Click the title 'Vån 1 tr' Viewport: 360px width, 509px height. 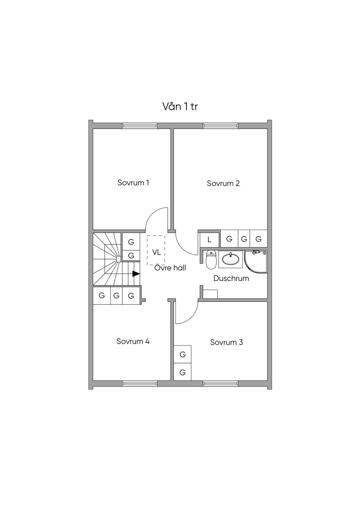tap(180, 107)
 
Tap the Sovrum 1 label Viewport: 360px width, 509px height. tap(133, 183)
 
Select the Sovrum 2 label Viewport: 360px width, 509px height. tap(223, 183)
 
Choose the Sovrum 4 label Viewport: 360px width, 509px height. tap(133, 341)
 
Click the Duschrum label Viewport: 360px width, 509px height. tap(231, 278)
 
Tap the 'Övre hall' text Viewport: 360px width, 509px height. tap(170, 268)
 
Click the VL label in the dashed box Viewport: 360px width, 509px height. tap(156, 252)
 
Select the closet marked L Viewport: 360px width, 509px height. tap(210, 239)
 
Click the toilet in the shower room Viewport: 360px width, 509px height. tap(211, 260)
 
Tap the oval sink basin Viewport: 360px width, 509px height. tap(231, 259)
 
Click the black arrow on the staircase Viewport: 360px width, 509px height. tap(136, 274)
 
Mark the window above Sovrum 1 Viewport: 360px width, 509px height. tap(140, 125)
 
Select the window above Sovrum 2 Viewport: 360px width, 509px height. tap(220, 125)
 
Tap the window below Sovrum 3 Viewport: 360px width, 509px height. tap(220, 384)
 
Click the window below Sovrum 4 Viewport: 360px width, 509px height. tap(140, 384)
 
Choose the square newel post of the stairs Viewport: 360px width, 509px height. tap(118, 259)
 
